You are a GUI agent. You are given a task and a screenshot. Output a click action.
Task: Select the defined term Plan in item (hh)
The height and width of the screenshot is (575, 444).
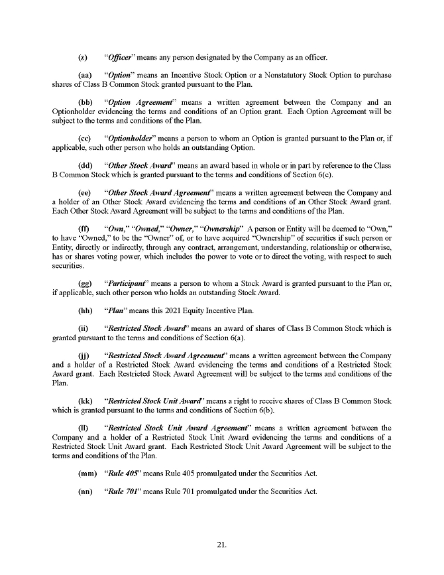click(117, 310)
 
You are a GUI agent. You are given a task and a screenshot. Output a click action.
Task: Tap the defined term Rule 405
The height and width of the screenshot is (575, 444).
click(124, 474)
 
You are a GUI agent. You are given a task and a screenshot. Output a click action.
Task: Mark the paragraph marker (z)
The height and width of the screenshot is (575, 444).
click(83, 56)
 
